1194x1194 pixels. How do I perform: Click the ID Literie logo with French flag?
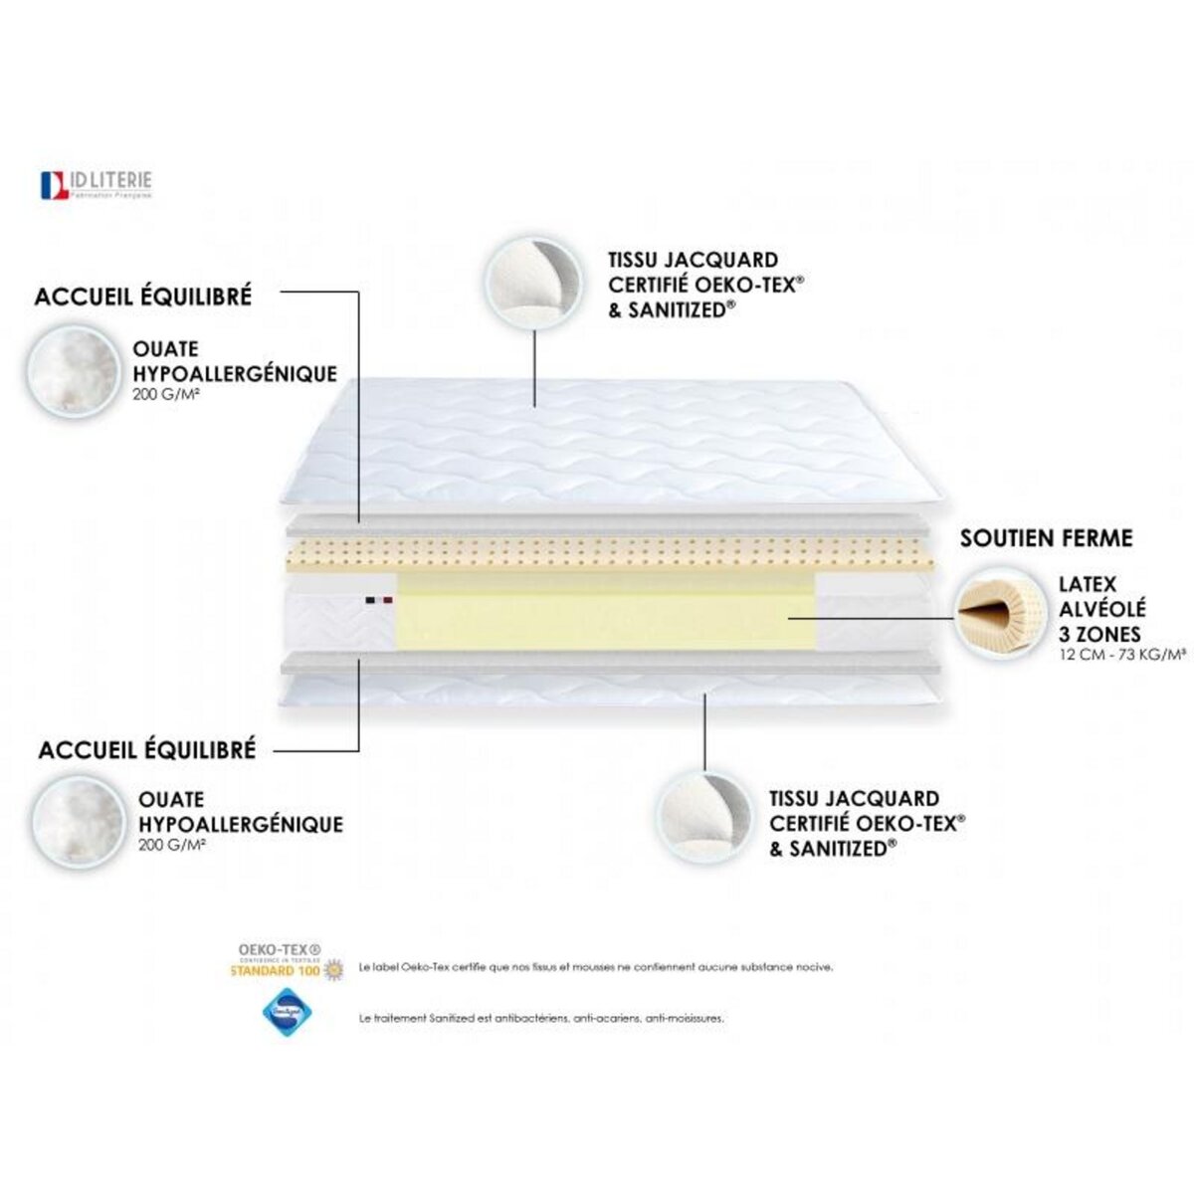96,185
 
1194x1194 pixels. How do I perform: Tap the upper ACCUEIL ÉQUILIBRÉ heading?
143,297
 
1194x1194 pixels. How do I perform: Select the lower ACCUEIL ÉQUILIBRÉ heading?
147,749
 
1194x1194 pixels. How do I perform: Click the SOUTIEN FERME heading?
1047,538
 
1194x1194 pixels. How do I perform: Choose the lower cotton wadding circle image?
77,821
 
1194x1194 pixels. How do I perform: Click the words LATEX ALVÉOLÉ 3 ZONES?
1102,609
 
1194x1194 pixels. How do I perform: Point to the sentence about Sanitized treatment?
541,1019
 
